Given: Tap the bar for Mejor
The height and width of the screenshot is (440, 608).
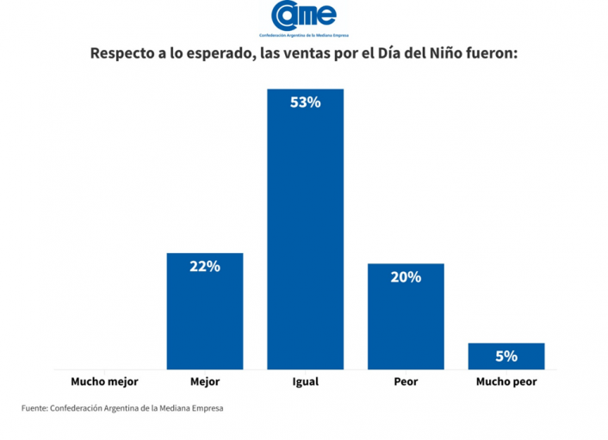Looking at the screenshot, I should tap(204, 311).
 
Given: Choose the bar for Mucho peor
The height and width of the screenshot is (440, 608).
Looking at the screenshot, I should tap(506, 356).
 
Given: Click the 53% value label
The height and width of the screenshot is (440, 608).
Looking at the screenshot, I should tap(305, 102).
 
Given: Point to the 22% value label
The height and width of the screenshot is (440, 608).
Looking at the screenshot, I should tap(204, 267).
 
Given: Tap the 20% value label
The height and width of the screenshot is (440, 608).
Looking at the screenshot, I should tap(406, 277).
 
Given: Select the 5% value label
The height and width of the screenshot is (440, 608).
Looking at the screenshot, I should tap(506, 356).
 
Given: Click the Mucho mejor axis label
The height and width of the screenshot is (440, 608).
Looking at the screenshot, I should tap(104, 381).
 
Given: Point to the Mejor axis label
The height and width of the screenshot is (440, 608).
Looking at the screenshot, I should tap(204, 381).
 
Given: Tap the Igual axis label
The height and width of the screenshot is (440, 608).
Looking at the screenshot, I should tap(305, 381).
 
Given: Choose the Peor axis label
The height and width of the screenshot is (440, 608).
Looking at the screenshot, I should tap(406, 381).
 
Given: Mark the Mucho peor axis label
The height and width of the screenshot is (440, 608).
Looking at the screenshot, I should tap(506, 381).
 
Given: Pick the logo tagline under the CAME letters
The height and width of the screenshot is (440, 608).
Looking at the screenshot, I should tap(303, 32).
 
